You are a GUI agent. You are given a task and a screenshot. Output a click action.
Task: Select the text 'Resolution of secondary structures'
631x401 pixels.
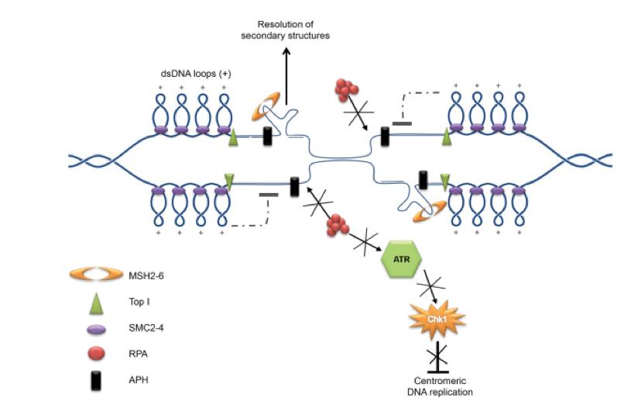coord(286,29)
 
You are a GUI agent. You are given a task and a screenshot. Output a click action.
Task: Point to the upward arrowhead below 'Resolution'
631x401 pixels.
coord(286,52)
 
